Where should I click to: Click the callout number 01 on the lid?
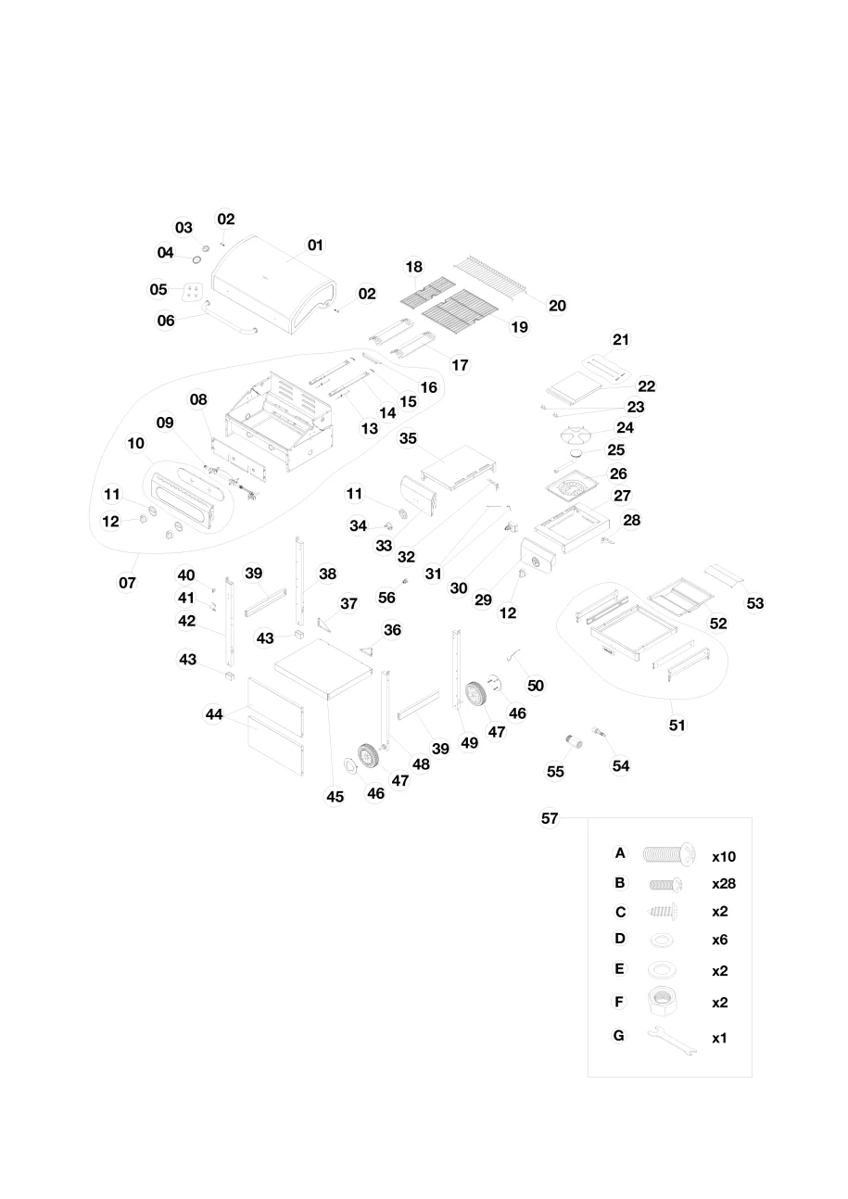(x=315, y=246)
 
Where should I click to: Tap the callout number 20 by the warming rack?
(x=557, y=306)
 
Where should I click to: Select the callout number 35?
(x=408, y=438)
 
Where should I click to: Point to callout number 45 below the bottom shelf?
(x=335, y=797)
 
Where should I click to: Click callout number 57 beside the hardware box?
(x=550, y=818)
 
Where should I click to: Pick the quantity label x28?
(x=724, y=884)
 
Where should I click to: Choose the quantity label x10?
(x=724, y=857)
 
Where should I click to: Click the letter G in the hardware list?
(x=619, y=1035)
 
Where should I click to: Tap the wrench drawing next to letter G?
(x=673, y=1041)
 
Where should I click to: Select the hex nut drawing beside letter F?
(x=663, y=1000)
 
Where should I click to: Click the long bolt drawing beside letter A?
(x=669, y=854)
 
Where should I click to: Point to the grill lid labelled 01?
(x=274, y=284)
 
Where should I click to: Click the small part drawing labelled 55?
(x=574, y=742)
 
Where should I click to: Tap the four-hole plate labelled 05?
(x=192, y=292)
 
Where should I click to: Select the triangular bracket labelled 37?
(x=324, y=625)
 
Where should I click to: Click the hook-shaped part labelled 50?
(x=514, y=654)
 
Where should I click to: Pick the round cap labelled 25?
(x=576, y=454)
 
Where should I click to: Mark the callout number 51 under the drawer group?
(x=677, y=726)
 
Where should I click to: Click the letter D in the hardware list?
(x=620, y=939)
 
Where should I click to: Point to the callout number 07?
(x=127, y=583)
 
